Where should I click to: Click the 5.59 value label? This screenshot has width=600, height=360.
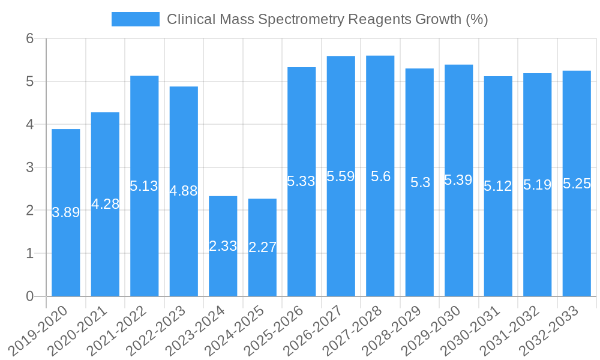click(341, 176)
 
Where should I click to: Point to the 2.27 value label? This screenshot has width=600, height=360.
click(262, 247)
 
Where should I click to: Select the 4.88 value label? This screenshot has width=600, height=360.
click(184, 191)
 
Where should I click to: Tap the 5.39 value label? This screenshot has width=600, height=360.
click(458, 180)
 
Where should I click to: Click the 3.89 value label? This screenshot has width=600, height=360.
click(66, 212)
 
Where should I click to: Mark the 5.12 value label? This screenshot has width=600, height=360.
click(498, 186)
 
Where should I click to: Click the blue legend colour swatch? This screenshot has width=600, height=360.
click(136, 19)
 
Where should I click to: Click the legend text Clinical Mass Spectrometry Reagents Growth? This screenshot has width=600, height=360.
click(327, 19)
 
